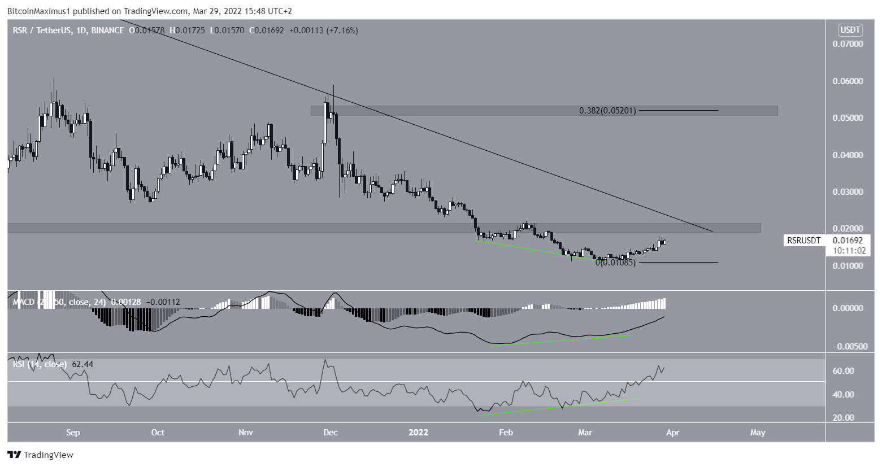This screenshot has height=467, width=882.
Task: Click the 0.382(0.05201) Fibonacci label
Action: point(607,111)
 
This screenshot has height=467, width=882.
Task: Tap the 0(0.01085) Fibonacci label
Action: point(615,263)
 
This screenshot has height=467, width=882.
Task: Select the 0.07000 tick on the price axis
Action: point(848,43)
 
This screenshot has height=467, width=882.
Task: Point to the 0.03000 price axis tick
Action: point(848,192)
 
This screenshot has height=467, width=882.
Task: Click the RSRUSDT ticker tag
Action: point(804,241)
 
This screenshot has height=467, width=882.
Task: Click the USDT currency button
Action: point(848,30)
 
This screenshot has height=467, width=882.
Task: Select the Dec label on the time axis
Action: point(331,433)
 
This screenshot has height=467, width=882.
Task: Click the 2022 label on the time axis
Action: point(418,433)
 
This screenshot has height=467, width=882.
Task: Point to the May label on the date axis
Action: point(757,433)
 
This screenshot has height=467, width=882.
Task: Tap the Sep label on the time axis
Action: point(73,433)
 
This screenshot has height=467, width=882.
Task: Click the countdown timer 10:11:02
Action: point(848,250)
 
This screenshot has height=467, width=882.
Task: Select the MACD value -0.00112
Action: point(164,302)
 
